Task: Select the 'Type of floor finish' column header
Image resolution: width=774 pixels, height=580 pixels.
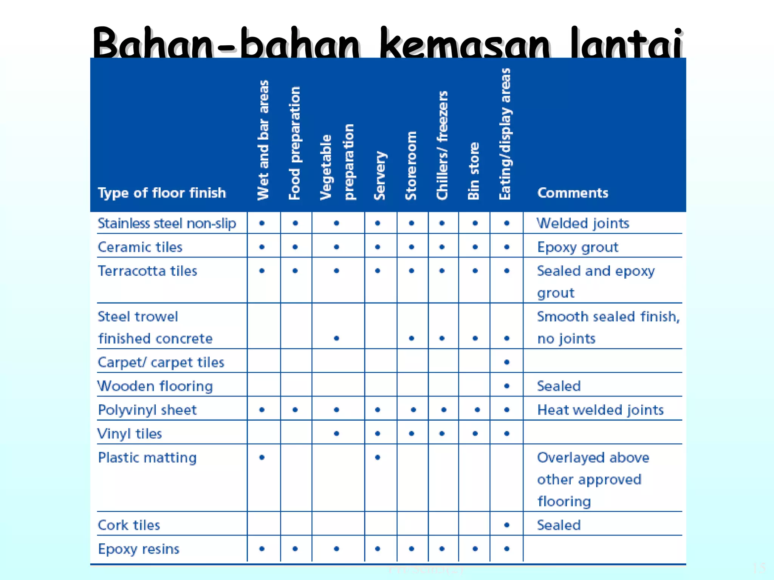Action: click(x=162, y=193)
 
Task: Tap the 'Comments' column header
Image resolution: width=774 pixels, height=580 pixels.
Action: click(x=573, y=193)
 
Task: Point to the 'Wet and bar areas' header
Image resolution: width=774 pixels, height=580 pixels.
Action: click(x=263, y=140)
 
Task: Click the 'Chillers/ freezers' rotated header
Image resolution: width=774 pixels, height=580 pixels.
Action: click(x=442, y=145)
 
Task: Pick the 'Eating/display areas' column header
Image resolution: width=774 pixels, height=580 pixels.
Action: click(x=505, y=134)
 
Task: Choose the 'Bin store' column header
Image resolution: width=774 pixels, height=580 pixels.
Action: click(x=474, y=171)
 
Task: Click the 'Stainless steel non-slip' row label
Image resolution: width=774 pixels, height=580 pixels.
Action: click(x=167, y=223)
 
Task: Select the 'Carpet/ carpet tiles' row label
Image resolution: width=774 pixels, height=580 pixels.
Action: click(x=161, y=362)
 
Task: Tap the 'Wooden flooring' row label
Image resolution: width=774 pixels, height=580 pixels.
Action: click(x=155, y=386)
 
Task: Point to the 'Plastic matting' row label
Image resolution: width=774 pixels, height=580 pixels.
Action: click(x=147, y=457)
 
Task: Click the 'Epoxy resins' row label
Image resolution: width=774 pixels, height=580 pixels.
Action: click(x=139, y=549)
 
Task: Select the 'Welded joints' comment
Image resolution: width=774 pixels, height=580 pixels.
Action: click(x=583, y=223)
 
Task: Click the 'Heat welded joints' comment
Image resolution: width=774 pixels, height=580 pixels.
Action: click(x=600, y=410)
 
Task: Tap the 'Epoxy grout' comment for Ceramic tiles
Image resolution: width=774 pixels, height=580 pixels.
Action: click(x=577, y=247)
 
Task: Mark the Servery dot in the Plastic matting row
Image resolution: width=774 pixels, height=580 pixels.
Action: click(x=378, y=457)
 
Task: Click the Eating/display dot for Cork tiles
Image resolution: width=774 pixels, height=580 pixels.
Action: click(x=507, y=525)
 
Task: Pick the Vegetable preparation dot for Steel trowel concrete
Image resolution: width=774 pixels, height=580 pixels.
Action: click(x=336, y=338)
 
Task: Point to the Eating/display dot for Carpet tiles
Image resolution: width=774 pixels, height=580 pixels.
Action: click(x=507, y=362)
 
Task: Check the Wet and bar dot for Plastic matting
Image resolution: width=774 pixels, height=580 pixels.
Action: click(x=262, y=457)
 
